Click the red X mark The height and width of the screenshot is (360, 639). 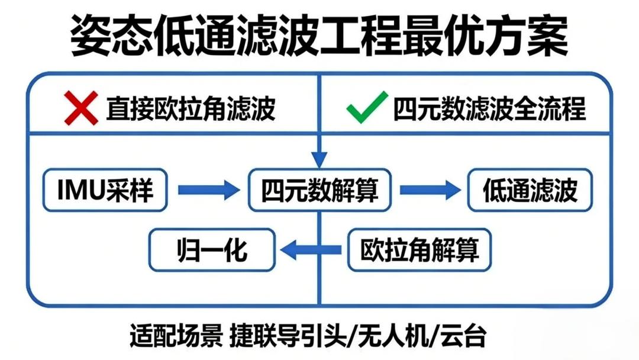pos(81,108)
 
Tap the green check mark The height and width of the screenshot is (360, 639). pos(367,107)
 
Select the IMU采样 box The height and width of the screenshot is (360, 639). pos(105,190)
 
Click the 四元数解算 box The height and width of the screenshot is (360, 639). pos(320,190)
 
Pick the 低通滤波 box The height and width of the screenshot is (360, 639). pos(530,190)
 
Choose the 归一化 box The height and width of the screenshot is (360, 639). pos(212,250)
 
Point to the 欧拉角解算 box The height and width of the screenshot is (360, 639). pos(419,250)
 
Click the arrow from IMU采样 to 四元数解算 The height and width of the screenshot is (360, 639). pos(209,190)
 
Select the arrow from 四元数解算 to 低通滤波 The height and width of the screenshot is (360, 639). pos(430,190)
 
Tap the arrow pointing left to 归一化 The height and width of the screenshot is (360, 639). pos(311,250)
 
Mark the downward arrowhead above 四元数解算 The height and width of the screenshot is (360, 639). pos(319,160)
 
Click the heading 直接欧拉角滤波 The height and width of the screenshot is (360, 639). pos(191,108)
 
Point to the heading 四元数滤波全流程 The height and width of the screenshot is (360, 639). pos(489,108)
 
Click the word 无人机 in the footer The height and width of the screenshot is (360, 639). pos(393,336)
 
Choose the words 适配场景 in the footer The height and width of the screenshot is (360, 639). pos(176,336)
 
